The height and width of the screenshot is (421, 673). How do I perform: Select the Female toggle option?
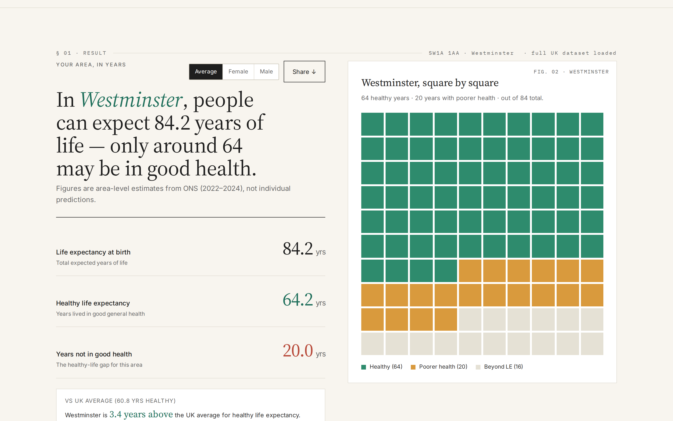point(238,72)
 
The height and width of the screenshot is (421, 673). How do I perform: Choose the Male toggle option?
point(266,72)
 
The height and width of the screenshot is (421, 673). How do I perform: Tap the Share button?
point(304,72)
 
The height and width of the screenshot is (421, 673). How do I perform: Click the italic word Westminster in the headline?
point(131,100)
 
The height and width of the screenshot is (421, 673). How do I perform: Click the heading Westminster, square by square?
point(430,83)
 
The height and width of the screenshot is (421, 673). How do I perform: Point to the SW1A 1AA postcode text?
point(444,53)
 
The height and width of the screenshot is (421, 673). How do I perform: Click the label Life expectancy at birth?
point(93,252)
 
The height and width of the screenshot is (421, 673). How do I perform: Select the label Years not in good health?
point(94,354)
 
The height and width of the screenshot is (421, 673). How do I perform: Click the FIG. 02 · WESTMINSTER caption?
point(571,72)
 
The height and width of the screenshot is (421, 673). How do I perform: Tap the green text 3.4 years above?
point(141,414)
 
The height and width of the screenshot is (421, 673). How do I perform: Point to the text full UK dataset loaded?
point(574,53)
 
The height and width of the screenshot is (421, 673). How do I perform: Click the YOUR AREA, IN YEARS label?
point(91,65)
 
